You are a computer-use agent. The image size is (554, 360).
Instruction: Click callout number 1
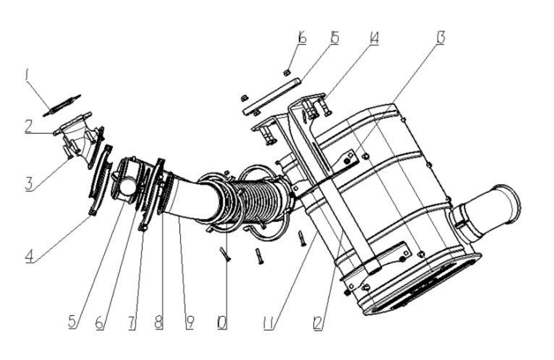(x=27, y=75)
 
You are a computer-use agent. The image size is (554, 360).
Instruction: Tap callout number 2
(x=28, y=126)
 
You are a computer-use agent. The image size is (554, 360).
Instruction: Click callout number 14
(x=374, y=38)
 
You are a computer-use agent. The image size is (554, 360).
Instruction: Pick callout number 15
(x=335, y=38)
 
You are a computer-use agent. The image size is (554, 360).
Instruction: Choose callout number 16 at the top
(x=302, y=37)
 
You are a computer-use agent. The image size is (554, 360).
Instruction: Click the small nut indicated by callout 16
(x=286, y=73)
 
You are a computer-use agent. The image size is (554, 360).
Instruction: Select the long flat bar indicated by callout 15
(x=272, y=96)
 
